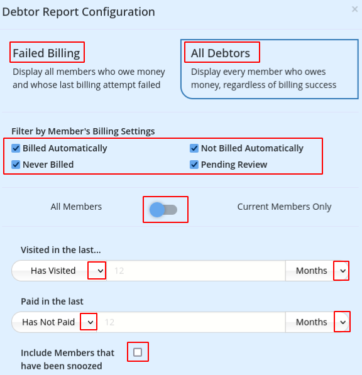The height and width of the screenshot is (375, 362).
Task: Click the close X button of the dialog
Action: coord(354,9)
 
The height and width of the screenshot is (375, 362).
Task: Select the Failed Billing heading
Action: coord(47,53)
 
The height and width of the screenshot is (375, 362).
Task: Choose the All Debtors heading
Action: coord(221,53)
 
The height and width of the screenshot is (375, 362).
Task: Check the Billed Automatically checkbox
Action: coord(16,148)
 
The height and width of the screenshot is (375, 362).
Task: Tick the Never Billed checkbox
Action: coord(16,165)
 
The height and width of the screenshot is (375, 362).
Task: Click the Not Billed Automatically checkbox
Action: coord(194,148)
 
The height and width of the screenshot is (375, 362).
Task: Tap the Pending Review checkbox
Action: coord(194,165)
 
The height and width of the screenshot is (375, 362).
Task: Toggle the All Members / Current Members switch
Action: coord(163,210)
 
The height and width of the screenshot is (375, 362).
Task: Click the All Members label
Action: coord(76,207)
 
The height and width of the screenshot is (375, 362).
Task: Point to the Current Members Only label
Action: coord(284,207)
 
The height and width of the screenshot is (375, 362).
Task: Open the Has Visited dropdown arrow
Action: coord(101,271)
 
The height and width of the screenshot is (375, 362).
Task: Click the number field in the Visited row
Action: coord(195,271)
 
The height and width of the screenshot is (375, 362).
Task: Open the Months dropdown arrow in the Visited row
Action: coord(343,271)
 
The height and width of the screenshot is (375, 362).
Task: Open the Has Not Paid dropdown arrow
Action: coord(90,322)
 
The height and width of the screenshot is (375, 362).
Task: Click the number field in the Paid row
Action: coord(191,322)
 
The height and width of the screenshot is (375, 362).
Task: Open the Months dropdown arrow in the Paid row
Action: coord(343,322)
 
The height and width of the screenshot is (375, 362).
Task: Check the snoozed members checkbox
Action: coord(138,352)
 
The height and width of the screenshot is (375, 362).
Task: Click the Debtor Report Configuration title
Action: coord(79,12)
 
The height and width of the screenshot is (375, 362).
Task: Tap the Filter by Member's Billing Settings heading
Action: coord(83,131)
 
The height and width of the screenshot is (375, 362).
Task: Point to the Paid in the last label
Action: coord(52,302)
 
